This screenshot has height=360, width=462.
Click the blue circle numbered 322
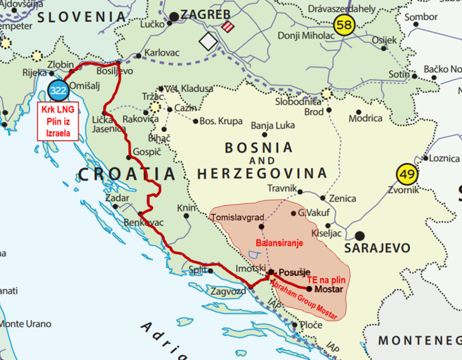[59, 91]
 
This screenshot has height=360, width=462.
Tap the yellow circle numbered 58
[344, 24]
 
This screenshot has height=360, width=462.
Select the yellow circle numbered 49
[407, 175]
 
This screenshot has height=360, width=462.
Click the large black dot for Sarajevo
[360, 236]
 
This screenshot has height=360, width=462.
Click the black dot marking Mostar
[309, 289]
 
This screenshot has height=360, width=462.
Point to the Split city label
[197, 270]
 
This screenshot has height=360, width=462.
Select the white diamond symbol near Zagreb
[208, 42]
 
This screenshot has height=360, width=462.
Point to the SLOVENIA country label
[82, 16]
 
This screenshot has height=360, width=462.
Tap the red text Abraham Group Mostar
[303, 300]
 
